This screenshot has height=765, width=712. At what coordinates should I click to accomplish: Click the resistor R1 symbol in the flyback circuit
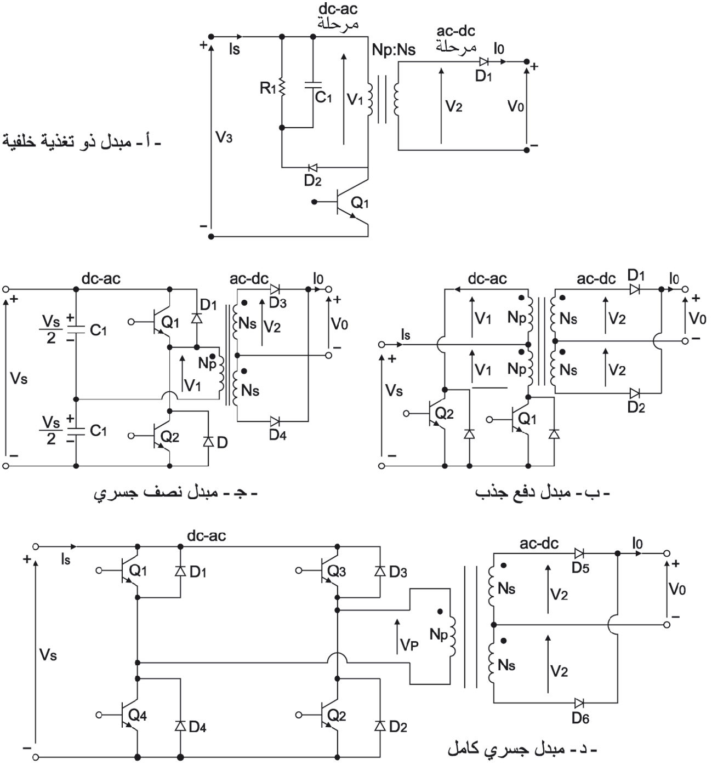(282, 88)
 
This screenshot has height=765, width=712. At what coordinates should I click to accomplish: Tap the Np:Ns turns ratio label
(394, 50)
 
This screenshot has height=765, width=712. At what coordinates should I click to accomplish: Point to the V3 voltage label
(224, 137)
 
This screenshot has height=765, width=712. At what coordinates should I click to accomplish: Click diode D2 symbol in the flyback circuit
(313, 168)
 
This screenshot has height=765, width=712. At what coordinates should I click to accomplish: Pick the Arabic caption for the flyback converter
(81, 141)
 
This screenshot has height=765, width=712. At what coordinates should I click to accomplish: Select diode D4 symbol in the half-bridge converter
(275, 421)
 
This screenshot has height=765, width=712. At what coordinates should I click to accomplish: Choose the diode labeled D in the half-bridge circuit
(208, 442)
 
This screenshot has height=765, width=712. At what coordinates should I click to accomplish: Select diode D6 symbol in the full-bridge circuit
(579, 703)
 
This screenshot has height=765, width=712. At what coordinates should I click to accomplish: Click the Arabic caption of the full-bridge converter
(522, 749)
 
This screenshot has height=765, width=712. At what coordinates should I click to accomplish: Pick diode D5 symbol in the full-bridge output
(579, 553)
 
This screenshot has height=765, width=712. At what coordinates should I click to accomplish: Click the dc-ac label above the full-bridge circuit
(207, 536)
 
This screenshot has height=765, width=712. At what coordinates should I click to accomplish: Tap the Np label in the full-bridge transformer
(439, 635)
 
